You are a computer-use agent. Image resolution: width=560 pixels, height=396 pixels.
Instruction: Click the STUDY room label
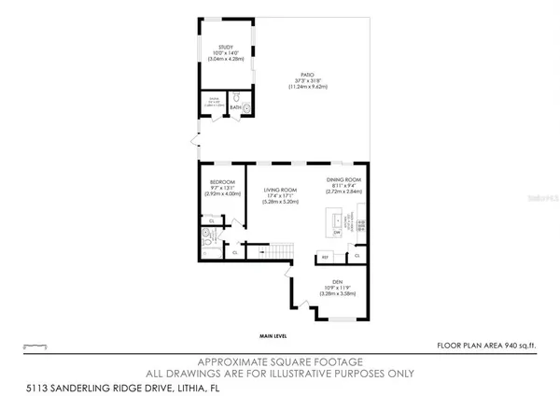[x=225, y=46]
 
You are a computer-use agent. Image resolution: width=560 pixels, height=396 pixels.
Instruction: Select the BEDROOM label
[x=221, y=181]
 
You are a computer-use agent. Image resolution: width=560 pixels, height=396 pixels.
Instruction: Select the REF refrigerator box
[x=326, y=256]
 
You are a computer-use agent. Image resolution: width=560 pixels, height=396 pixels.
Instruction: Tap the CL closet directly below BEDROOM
[x=212, y=220]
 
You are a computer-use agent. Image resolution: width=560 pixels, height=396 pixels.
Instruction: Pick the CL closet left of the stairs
[x=234, y=252]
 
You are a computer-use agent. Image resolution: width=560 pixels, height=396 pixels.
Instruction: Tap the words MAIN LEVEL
[x=273, y=334]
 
